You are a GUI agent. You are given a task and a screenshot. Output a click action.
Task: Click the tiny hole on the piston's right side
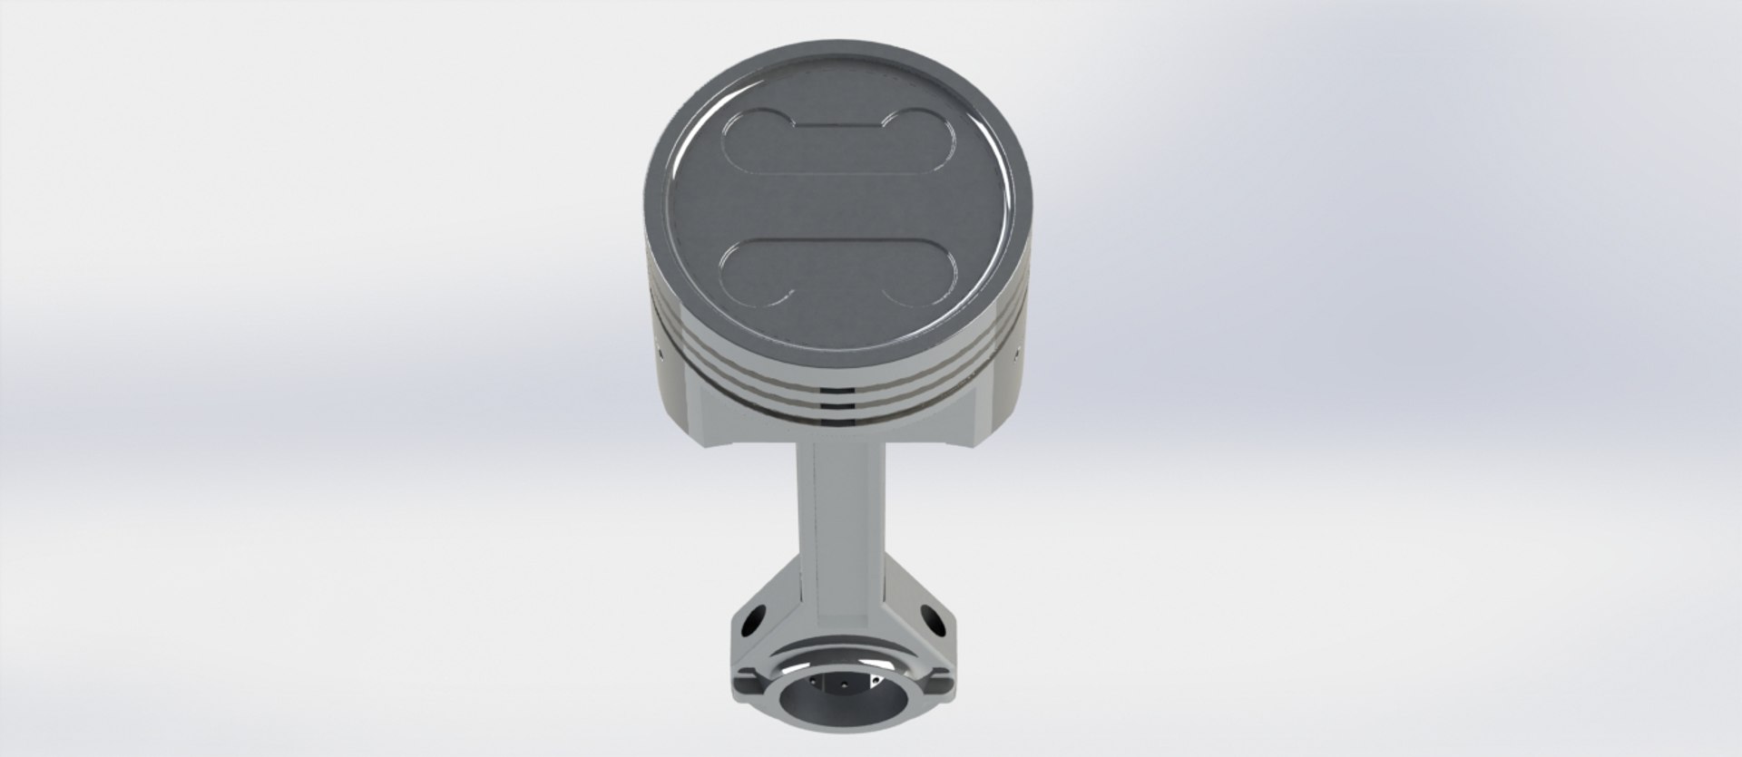point(1017,345)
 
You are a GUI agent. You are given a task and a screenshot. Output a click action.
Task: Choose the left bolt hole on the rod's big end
point(752,626)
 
